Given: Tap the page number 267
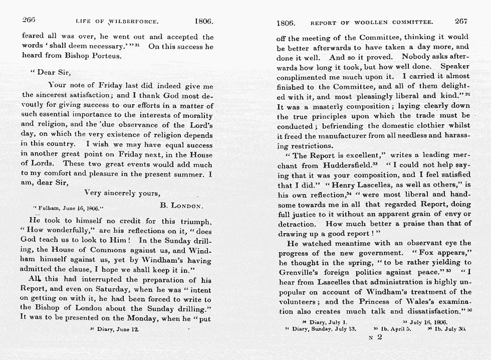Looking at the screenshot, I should point(460,22).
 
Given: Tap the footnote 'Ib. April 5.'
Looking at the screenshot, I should point(396,329).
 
